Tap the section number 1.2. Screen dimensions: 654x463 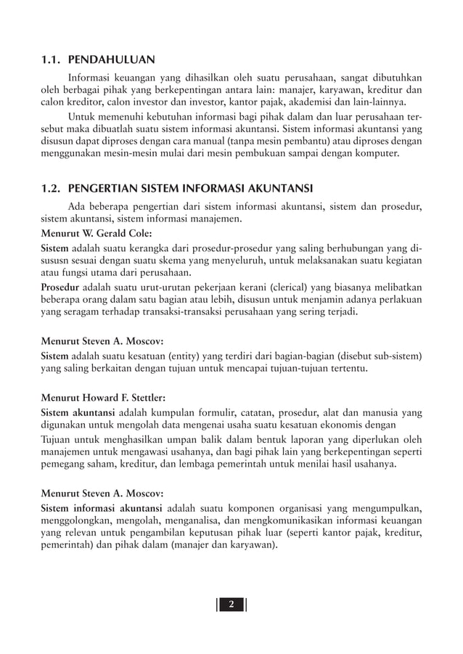coord(53,190)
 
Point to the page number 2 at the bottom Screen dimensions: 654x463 coord(231,605)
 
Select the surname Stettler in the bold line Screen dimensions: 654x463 coord(144,397)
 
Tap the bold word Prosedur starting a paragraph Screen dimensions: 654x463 coord(60,287)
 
